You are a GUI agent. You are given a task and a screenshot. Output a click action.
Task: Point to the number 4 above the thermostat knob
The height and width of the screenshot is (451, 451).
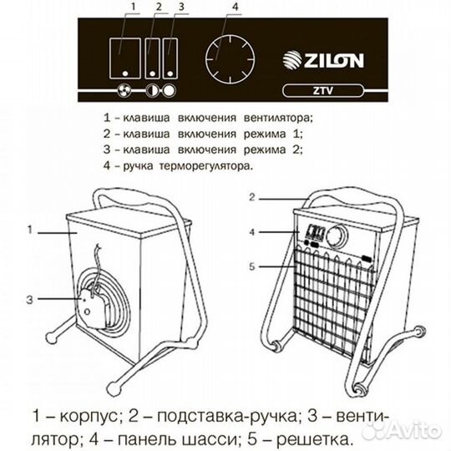point(236,9)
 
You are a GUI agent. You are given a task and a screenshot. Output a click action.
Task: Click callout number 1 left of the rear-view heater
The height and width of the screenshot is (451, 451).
point(30,226)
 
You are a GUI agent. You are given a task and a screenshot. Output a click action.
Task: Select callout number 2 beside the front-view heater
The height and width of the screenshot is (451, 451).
point(253,199)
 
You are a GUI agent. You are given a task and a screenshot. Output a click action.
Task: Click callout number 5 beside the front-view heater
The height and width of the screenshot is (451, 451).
point(253,267)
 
